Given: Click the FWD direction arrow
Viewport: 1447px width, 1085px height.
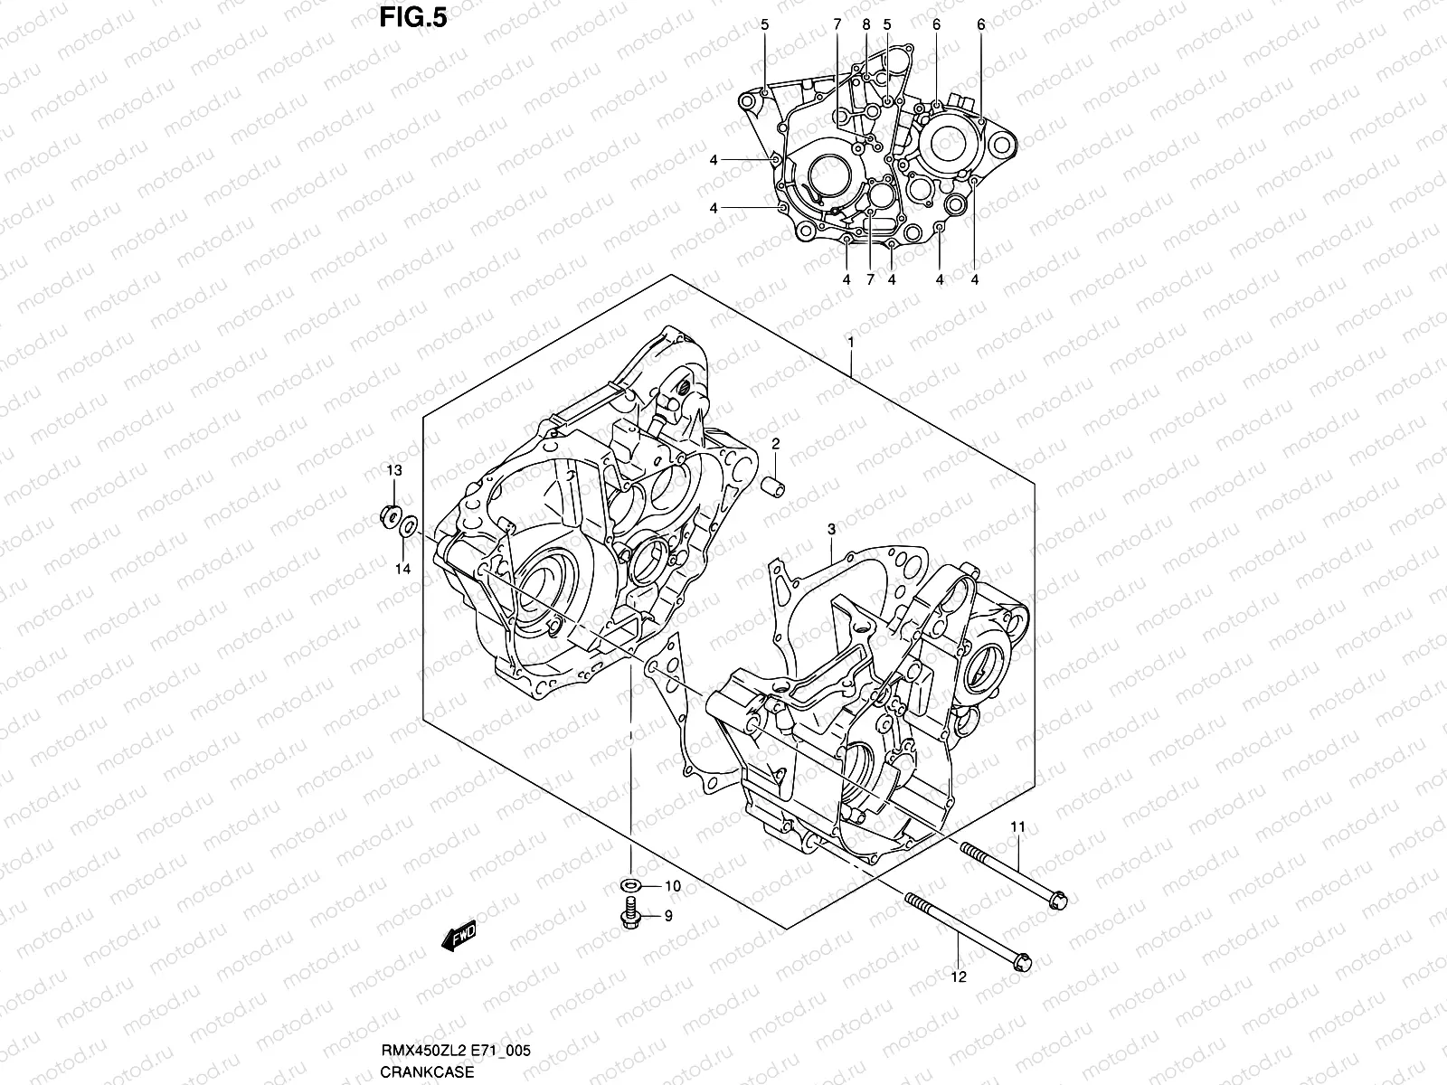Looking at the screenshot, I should coord(459,939).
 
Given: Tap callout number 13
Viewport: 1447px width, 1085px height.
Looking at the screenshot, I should coord(394,471).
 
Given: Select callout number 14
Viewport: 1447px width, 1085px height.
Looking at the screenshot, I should coord(402,569).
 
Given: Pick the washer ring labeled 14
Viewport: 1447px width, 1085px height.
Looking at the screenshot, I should coord(409,524).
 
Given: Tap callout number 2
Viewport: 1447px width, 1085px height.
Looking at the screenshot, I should coord(775,444).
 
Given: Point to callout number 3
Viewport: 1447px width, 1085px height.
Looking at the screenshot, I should coord(831,528).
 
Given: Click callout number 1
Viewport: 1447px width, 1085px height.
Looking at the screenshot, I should coord(850,342).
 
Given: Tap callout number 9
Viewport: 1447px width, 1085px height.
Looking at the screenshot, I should coord(668,916).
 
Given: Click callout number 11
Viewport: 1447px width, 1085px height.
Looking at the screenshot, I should coord(1017,827).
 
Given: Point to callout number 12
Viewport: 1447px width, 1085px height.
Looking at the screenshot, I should coord(959,976).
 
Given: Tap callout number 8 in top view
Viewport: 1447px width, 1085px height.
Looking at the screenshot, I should coord(865,25).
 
